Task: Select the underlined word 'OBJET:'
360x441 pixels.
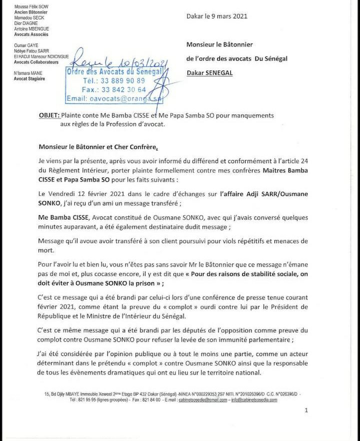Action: [x=48, y=115]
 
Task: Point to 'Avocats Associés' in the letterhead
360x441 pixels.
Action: [x=31, y=34]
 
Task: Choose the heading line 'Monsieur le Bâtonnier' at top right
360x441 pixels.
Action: [x=219, y=45]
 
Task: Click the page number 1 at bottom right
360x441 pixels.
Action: [x=306, y=410]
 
